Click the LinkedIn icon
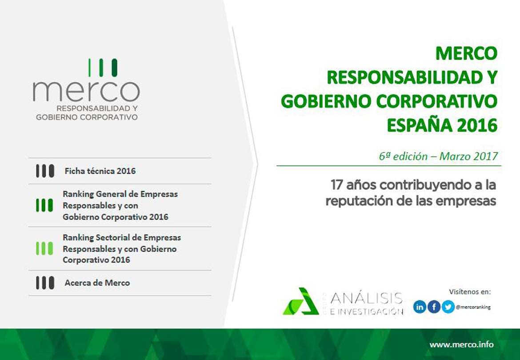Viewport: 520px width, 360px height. (420, 307)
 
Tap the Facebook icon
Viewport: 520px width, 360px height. (434, 307)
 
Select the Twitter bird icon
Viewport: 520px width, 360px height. (448, 307)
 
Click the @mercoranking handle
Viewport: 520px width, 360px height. (473, 307)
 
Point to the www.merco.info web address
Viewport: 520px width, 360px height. (461, 345)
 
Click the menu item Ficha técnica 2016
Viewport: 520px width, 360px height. (100, 171)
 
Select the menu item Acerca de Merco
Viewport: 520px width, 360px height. (97, 283)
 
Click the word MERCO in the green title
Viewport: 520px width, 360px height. (466, 54)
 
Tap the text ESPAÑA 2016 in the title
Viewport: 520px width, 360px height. (442, 125)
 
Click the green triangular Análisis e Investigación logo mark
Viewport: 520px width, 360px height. (300, 302)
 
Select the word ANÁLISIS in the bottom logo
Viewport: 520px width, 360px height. (367, 298)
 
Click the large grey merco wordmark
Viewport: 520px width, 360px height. (86, 91)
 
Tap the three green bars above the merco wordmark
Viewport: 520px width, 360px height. (103, 68)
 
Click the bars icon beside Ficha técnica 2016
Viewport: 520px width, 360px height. (45, 171)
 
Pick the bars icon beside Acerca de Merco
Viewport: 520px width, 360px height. (45, 283)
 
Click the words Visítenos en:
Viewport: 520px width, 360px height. (470, 292)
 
